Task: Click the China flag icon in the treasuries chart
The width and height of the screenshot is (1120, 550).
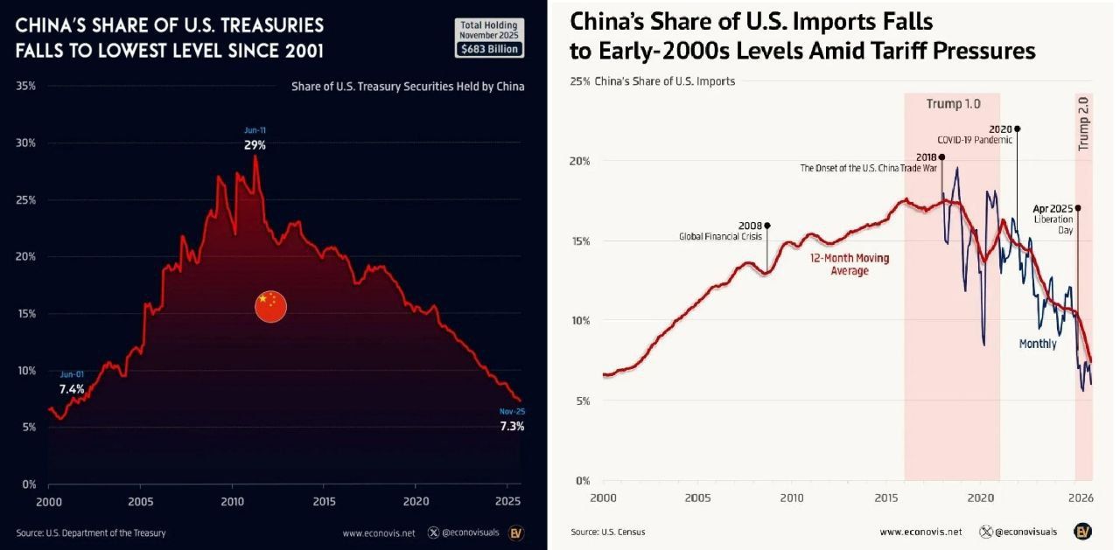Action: pos(270,306)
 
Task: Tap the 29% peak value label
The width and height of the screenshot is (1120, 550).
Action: pos(255,145)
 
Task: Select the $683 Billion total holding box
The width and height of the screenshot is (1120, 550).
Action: pos(489,50)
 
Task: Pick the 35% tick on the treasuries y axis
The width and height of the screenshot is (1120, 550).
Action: pos(26,87)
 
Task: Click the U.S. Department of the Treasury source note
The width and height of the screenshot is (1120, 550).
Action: pos(91,533)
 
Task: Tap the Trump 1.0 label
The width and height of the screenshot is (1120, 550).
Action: pos(953,105)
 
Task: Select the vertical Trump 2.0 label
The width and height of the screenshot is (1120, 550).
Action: pos(1084,123)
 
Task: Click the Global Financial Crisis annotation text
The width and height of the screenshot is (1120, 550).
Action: pos(720,236)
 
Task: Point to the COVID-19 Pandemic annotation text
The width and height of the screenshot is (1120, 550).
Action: pos(974,140)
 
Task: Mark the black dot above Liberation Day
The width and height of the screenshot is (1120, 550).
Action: pos(1078,208)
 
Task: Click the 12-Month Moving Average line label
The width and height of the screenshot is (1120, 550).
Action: pos(849,265)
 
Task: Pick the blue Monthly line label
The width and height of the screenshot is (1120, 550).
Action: pos(1037,345)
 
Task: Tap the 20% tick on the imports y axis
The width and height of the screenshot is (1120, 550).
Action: pos(580,161)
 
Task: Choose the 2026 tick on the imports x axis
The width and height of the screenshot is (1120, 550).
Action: pos(1081,498)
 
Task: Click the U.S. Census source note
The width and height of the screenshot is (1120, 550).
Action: pos(608,532)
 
